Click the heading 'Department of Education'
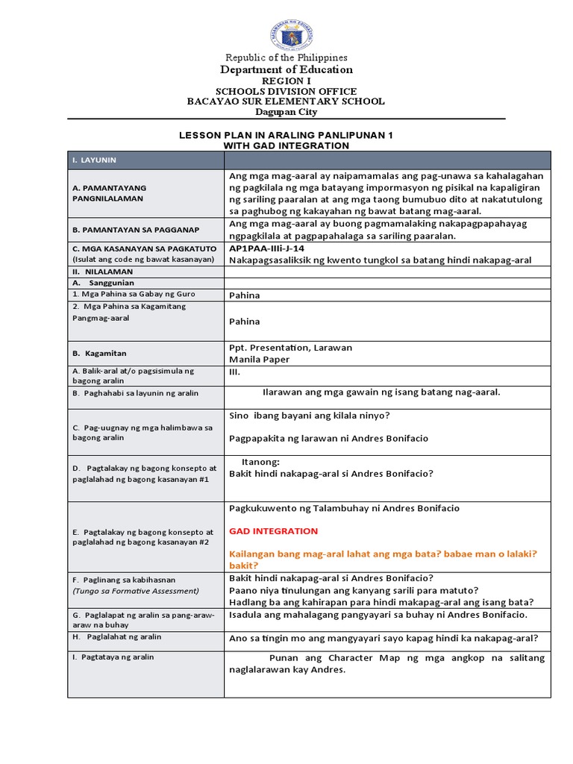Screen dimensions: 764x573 286,69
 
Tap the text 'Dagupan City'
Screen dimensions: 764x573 286,112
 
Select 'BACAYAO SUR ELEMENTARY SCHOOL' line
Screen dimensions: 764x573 286,101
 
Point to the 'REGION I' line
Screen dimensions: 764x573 286,81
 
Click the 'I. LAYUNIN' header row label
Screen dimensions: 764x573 95,160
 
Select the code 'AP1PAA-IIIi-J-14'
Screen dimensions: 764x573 266,248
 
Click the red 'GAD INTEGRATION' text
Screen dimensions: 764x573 273,531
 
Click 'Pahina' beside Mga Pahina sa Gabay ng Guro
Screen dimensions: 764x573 245,295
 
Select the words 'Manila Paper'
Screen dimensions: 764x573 259,359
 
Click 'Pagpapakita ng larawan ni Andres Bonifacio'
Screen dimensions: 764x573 328,438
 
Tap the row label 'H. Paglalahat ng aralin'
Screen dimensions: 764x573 117,636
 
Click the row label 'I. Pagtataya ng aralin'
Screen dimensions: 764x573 113,658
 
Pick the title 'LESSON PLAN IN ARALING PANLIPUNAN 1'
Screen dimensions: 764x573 286,135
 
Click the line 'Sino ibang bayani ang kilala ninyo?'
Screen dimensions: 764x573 310,416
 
